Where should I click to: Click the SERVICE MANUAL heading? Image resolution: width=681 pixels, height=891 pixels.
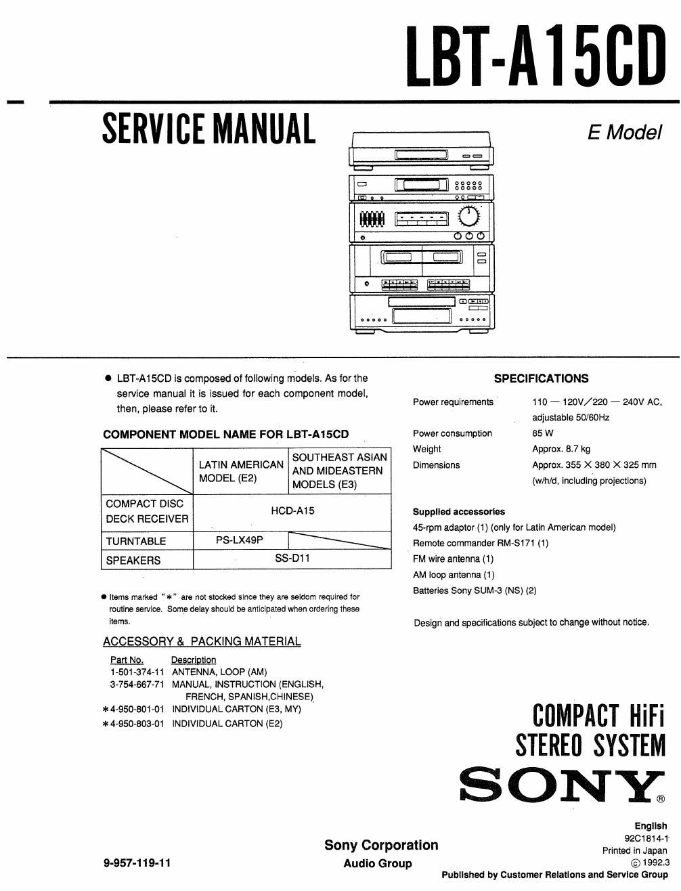pyautogui.click(x=208, y=129)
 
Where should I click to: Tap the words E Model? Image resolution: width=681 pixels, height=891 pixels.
pyautogui.click(x=623, y=132)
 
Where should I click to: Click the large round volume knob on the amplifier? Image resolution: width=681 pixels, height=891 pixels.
pyautogui.click(x=468, y=217)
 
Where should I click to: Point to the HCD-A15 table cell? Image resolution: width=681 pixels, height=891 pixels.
pyautogui.click(x=292, y=511)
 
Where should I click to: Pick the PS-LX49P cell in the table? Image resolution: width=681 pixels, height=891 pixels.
pyautogui.click(x=240, y=540)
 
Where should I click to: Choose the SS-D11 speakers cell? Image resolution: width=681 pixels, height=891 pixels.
pyautogui.click(x=292, y=559)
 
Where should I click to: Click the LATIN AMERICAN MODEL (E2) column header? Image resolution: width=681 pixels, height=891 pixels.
pyautogui.click(x=240, y=471)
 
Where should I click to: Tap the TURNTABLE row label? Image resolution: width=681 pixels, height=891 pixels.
pyautogui.click(x=136, y=541)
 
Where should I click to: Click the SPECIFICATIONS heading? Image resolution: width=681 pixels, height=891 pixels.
pyautogui.click(x=541, y=378)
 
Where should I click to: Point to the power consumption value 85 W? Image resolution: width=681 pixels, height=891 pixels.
pyautogui.click(x=543, y=433)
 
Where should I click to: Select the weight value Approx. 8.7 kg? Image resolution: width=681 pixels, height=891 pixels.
pyautogui.click(x=561, y=449)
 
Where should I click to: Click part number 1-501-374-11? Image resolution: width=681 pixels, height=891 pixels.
pyautogui.click(x=137, y=672)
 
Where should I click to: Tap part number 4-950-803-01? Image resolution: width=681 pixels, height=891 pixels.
pyautogui.click(x=137, y=724)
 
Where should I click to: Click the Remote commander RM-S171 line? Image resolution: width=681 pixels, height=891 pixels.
pyautogui.click(x=481, y=543)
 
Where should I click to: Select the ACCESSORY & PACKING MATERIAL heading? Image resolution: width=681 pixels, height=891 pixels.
pyautogui.click(x=202, y=641)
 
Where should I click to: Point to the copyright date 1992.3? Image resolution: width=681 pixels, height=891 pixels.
pyautogui.click(x=654, y=863)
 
